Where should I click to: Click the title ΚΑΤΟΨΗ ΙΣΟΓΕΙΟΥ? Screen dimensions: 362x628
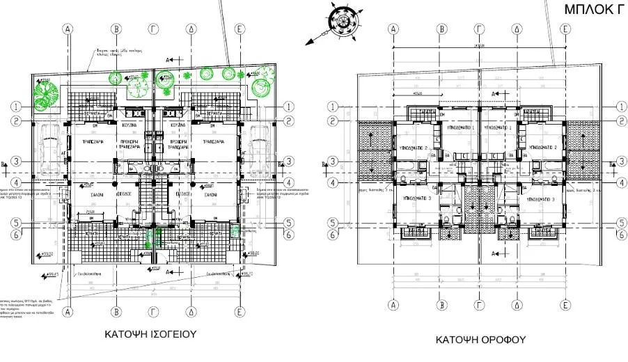150,335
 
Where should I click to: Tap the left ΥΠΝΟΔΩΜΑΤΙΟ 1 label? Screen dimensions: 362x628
460,128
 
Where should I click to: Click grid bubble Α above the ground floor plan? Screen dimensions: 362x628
68,29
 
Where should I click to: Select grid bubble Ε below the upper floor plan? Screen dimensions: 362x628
565,304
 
